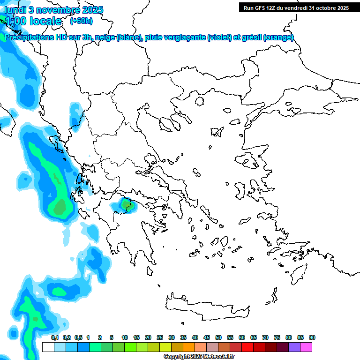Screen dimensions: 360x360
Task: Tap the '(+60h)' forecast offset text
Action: pyautogui.click(x=81, y=21)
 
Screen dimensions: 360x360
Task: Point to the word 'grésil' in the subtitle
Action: pyautogui.click(x=251, y=37)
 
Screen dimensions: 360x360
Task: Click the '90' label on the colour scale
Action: pyautogui.click(x=312, y=337)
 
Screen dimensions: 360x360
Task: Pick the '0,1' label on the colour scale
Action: pyautogui.click(x=54, y=337)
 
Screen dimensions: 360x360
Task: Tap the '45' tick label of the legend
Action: pyautogui.click(x=207, y=337)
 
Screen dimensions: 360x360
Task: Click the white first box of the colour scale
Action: pyautogui.click(x=48, y=347)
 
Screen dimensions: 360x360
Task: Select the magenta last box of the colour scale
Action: pyautogui.click(x=306, y=347)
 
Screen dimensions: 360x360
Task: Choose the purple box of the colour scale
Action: pyautogui.click(x=294, y=347)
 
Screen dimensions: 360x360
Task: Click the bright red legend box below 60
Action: pyautogui.click(x=247, y=347)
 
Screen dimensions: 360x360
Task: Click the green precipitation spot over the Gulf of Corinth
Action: pyautogui.click(x=125, y=204)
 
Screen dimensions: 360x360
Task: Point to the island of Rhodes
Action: pyautogui.click(x=298, y=271)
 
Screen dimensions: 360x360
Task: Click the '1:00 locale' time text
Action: pyautogui.click(x=33, y=21)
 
